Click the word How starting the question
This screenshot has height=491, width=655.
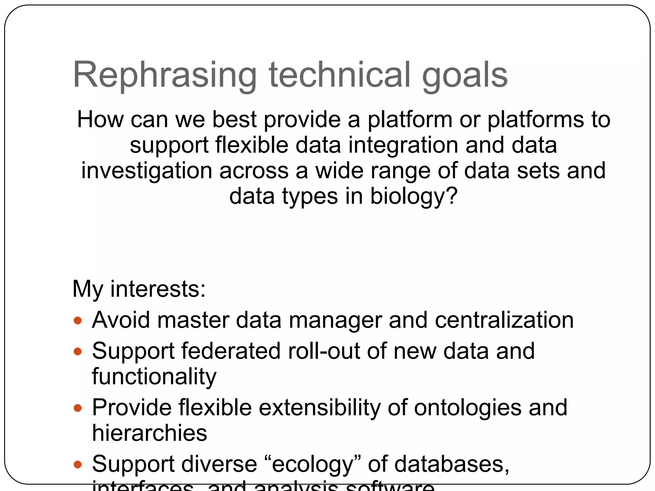100,120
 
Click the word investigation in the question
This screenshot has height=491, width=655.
146,171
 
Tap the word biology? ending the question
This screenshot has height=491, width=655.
414,196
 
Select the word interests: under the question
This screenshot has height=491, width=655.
158,289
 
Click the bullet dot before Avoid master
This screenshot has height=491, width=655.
78,321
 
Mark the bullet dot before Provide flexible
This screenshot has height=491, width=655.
78,408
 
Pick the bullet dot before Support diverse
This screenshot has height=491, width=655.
78,464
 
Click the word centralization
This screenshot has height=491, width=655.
504,320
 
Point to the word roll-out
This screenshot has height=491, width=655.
324,351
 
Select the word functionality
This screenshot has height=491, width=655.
154,377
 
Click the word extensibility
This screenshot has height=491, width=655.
320,408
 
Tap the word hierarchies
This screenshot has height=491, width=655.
150,433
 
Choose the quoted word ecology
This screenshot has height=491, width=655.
312,464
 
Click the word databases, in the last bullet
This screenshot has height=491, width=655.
452,464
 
